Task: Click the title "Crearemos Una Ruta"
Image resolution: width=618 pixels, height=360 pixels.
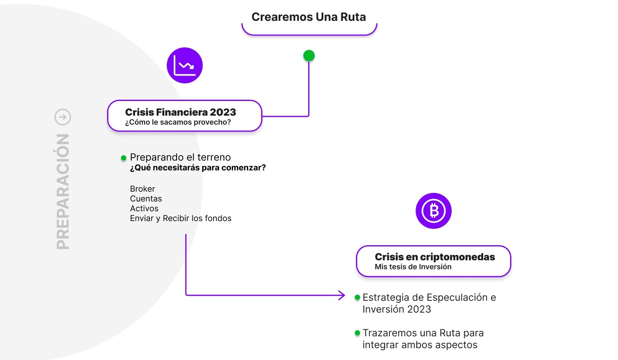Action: coord(309,17)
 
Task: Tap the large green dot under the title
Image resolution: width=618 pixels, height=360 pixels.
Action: coord(309,56)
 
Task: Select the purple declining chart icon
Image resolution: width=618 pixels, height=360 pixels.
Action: coord(185,65)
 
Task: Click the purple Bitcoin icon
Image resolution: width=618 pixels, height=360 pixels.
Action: coord(434,211)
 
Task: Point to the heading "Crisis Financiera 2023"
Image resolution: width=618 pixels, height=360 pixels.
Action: coord(181,112)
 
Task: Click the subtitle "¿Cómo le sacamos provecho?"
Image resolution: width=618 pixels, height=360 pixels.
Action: coord(178,122)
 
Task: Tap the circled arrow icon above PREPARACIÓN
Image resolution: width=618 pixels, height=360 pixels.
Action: coord(63,117)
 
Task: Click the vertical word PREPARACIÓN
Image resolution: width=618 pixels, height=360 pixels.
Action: coord(63,192)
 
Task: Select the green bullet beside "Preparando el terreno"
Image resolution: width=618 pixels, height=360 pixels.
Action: coord(123,158)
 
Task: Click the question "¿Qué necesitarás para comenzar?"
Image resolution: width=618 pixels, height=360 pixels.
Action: coord(198,168)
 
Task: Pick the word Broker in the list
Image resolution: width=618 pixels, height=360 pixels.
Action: coord(142,189)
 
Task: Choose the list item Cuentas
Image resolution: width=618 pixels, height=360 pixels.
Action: coord(146,199)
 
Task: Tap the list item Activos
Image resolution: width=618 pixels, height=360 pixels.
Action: coord(144,208)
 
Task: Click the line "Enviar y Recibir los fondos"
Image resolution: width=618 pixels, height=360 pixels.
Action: coord(181,218)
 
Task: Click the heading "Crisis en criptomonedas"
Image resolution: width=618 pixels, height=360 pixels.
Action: coord(435,257)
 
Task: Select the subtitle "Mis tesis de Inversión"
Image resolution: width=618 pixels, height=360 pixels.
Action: coord(413,267)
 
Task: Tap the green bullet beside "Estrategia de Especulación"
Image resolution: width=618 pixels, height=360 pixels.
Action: coord(357,297)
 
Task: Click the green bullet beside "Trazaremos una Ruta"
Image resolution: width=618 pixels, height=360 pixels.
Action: coord(357,333)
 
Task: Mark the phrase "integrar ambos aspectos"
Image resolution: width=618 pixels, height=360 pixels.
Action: coord(420,345)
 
